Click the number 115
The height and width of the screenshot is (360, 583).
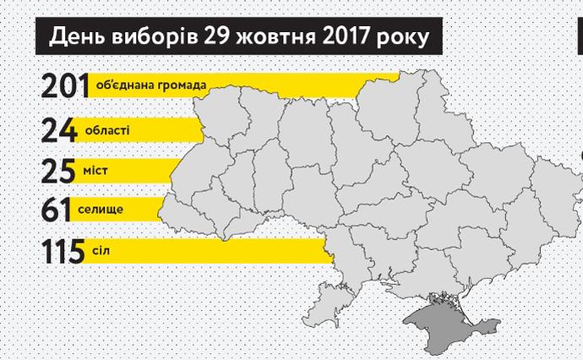(63, 251)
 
